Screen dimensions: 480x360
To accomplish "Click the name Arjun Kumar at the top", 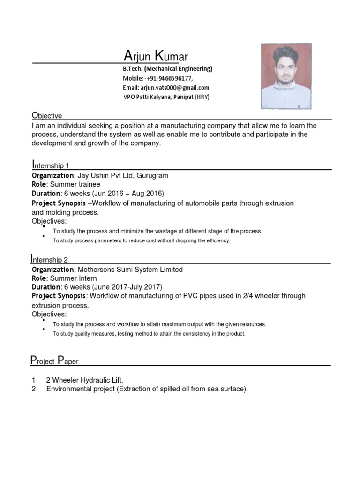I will [156, 57].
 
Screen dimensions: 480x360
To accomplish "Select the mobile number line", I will [157, 78].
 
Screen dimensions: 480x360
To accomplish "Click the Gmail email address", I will [166, 88].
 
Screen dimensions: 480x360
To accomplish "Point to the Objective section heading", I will [46, 115].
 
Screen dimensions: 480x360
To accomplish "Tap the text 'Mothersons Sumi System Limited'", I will [130, 270].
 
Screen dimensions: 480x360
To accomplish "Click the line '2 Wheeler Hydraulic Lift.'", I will [84, 380].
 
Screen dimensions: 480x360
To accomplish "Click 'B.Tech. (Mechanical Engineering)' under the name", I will [168, 69].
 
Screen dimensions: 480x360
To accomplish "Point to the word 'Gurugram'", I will [153, 175].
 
